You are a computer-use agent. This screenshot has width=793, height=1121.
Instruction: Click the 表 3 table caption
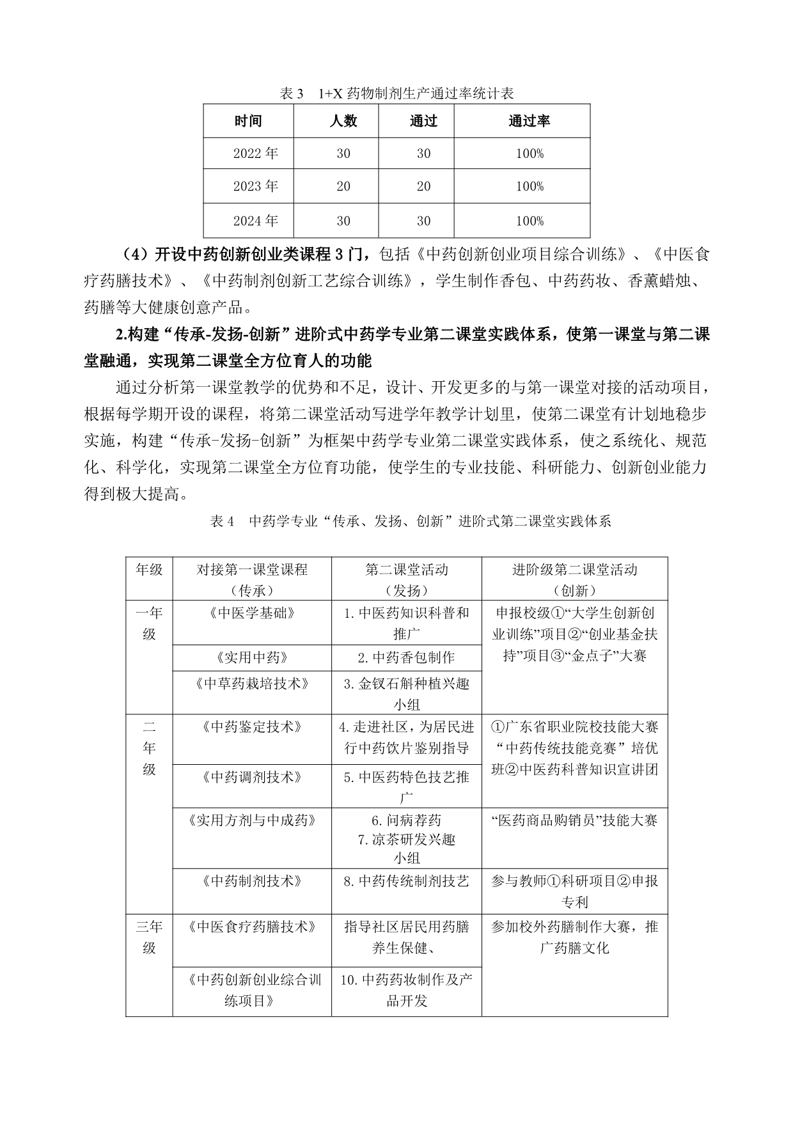396,94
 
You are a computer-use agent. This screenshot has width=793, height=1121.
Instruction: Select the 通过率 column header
529,121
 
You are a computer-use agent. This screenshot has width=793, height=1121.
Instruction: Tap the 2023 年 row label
255,186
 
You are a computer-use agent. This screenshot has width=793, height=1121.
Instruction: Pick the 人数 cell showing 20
343,186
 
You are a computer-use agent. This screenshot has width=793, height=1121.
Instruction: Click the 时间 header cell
248,121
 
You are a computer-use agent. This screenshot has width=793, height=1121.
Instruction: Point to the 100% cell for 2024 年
529,221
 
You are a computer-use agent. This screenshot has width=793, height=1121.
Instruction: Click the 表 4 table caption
410,521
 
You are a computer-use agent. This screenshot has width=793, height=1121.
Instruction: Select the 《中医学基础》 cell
252,613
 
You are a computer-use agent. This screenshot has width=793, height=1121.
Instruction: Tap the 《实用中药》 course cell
252,657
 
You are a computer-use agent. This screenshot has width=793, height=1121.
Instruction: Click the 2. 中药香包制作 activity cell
406,657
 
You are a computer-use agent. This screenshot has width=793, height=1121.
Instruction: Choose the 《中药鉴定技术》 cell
252,727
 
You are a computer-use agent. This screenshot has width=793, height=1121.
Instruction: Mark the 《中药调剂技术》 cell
252,777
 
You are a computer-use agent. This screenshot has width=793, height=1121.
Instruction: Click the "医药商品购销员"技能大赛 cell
574,820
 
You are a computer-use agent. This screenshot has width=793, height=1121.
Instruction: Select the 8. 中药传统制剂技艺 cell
406,881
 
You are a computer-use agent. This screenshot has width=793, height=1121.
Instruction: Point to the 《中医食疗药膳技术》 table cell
252,927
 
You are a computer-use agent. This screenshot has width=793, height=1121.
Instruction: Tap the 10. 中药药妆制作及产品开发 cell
406,990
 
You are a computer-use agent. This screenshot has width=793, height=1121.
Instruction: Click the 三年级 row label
149,937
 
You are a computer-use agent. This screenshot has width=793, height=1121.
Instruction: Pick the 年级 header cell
149,570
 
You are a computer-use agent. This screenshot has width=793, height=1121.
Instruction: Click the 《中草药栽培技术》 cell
252,684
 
